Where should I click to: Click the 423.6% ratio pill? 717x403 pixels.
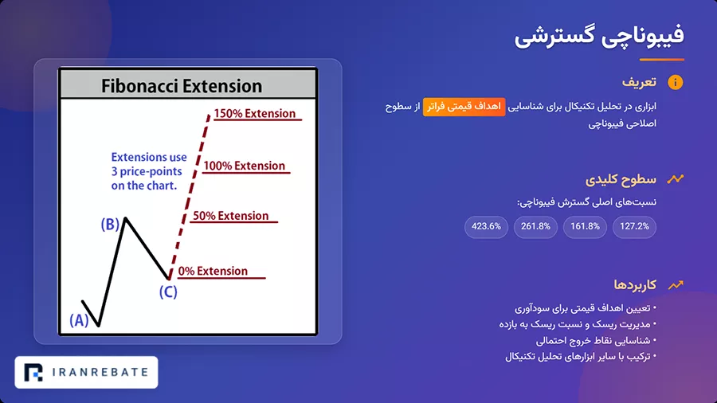pos(486,227)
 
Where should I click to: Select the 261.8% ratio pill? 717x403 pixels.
pos(535,227)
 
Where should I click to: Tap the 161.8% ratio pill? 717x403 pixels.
pos(585,227)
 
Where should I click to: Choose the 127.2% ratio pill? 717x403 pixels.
pos(634,227)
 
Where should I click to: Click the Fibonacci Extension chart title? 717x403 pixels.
pos(182,86)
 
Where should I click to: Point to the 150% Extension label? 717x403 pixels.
pos(255,113)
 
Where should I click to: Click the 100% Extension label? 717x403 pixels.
pos(244,166)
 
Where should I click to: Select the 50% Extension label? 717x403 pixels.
pos(230,216)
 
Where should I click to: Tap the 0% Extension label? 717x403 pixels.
pos(213,271)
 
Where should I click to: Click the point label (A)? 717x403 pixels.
pos(79,320)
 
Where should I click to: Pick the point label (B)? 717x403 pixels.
pos(110,225)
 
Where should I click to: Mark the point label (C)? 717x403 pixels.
pos(168,292)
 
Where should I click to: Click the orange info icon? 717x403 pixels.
pos(676,82)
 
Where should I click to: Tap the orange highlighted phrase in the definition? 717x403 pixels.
pos(464,107)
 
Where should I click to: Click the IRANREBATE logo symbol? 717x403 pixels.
pos(33,373)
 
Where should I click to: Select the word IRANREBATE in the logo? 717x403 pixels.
pos(100,373)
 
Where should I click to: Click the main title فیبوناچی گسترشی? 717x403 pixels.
pos(599,36)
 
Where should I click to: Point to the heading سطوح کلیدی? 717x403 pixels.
pos(621,179)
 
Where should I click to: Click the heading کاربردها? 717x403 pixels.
pos(635,284)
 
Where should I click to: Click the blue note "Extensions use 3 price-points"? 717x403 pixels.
pos(149,171)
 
